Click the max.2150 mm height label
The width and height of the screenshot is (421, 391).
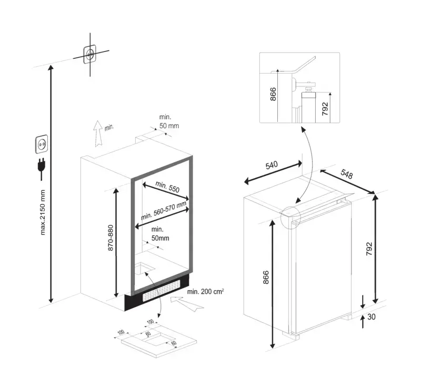pos(43,212)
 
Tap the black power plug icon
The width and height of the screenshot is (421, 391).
pos(42,168)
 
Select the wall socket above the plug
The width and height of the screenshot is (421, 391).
pos(42,144)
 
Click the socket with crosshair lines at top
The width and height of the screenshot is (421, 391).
pos(89,55)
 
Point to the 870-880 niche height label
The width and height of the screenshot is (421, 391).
pos(111,238)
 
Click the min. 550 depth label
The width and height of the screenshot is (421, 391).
pos(167,187)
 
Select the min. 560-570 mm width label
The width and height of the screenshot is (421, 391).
pos(164,211)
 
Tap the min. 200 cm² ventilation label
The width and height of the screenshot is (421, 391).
pos(206,292)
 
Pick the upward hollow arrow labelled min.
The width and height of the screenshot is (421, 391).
pos(98,133)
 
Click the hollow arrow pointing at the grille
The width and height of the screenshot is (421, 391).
pos(187,303)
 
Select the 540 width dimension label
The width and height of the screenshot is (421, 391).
pos(272,165)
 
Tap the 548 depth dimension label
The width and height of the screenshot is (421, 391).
pos(347,174)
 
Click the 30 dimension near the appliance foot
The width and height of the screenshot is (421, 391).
pos(372,317)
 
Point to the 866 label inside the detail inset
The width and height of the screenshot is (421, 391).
pos(273,94)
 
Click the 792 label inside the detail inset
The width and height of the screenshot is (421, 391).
pos(325,109)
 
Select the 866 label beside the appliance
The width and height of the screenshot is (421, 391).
pos(265,277)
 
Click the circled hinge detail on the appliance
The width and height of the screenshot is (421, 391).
pos(290,218)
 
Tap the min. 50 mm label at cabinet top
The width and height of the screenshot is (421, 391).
pos(169,121)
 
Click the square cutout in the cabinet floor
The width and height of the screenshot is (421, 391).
pos(144,269)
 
